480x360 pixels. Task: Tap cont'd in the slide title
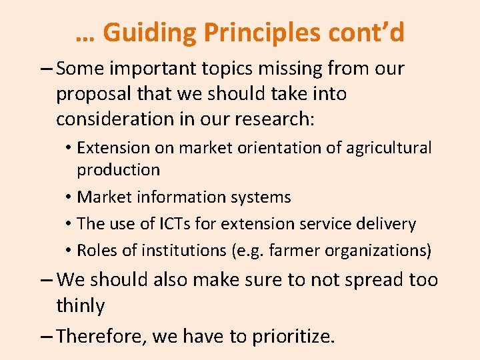(371, 32)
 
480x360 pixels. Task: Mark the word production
(118, 170)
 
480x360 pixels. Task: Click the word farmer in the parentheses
(304, 251)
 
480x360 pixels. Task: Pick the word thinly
(80, 306)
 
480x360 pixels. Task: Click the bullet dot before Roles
(69, 251)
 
